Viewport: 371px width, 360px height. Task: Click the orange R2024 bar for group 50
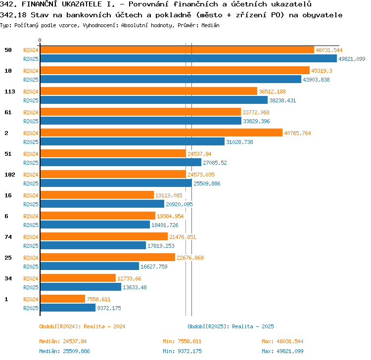(x=177, y=50)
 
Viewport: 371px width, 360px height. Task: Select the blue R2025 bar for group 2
(x=133, y=142)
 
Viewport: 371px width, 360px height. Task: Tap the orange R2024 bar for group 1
(x=63, y=299)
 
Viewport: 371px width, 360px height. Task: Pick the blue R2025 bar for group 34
(x=81, y=287)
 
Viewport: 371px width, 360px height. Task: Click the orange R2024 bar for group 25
(x=108, y=257)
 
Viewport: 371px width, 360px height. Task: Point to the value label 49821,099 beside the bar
(x=352, y=59)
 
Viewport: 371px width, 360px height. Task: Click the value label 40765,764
(x=297, y=133)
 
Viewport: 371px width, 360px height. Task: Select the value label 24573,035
(x=201, y=175)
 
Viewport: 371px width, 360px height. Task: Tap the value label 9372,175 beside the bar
(x=109, y=308)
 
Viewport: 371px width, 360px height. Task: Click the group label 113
(x=10, y=91)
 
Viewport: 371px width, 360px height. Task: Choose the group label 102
(x=10, y=175)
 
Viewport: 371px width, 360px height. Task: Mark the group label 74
(x=8, y=237)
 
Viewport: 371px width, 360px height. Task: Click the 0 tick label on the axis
(x=40, y=40)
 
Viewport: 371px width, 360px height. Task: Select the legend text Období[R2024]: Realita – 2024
(x=82, y=326)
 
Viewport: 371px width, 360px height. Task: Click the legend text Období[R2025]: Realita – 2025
(x=231, y=326)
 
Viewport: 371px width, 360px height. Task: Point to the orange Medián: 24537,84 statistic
(x=63, y=341)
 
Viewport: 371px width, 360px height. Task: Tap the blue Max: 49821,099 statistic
(x=282, y=351)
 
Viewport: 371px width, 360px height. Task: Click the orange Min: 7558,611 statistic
(x=182, y=341)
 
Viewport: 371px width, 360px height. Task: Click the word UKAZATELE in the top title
(x=82, y=4)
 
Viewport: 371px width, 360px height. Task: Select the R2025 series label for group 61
(x=31, y=121)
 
